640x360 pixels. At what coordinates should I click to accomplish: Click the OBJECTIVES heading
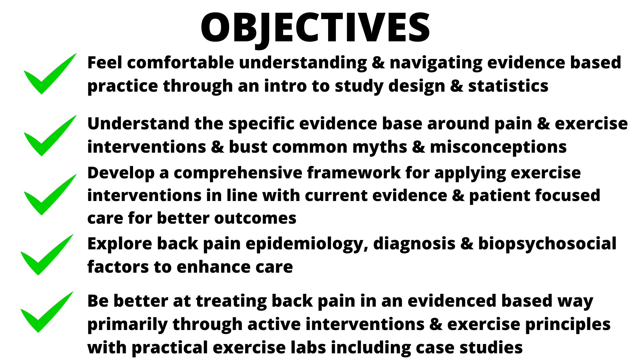click(315, 28)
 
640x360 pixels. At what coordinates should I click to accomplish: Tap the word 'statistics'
click(508, 86)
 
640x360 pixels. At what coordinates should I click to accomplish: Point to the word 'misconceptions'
click(498, 147)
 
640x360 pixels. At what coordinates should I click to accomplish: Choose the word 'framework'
click(354, 173)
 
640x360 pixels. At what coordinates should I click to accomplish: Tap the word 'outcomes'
click(255, 219)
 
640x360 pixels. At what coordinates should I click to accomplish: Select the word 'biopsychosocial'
click(547, 244)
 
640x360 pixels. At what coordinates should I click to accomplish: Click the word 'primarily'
click(127, 325)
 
